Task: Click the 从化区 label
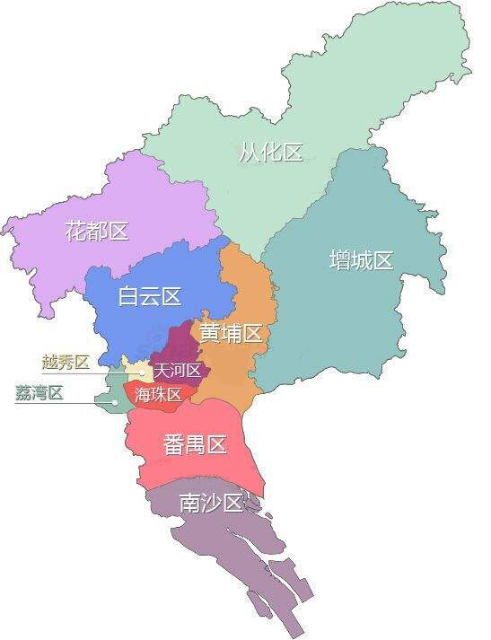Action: coord(270,152)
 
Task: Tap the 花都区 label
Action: coord(97,231)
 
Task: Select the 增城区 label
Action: coord(361,260)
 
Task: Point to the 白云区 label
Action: coord(150,296)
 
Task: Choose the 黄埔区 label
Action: coord(231,333)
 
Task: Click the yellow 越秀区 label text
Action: coord(66,362)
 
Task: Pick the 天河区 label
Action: coord(177,370)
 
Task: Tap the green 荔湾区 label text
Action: coord(39,392)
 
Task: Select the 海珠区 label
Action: coord(159,394)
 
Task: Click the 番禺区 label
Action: coord(195,443)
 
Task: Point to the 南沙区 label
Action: coord(211,503)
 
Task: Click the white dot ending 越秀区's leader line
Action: coord(142,373)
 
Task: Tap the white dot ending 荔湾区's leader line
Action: coord(115,402)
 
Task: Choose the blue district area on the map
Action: coord(135,323)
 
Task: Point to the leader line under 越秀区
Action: coord(90,373)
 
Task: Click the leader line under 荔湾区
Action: coord(63,402)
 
